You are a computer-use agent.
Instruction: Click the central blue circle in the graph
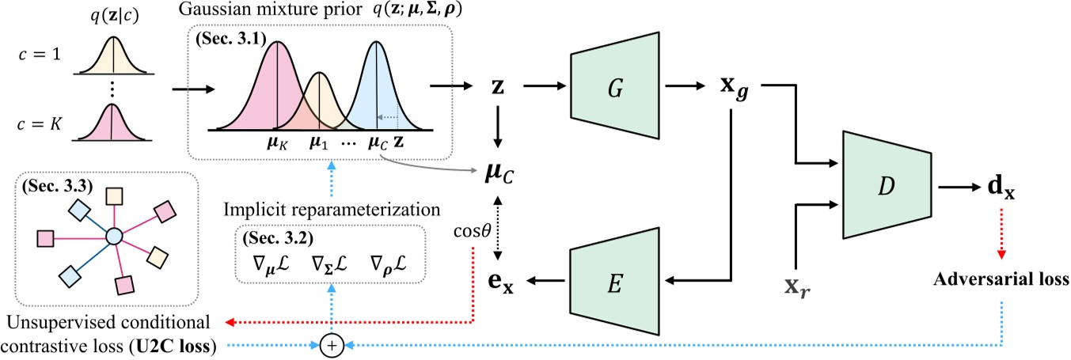pyautogui.click(x=114, y=235)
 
